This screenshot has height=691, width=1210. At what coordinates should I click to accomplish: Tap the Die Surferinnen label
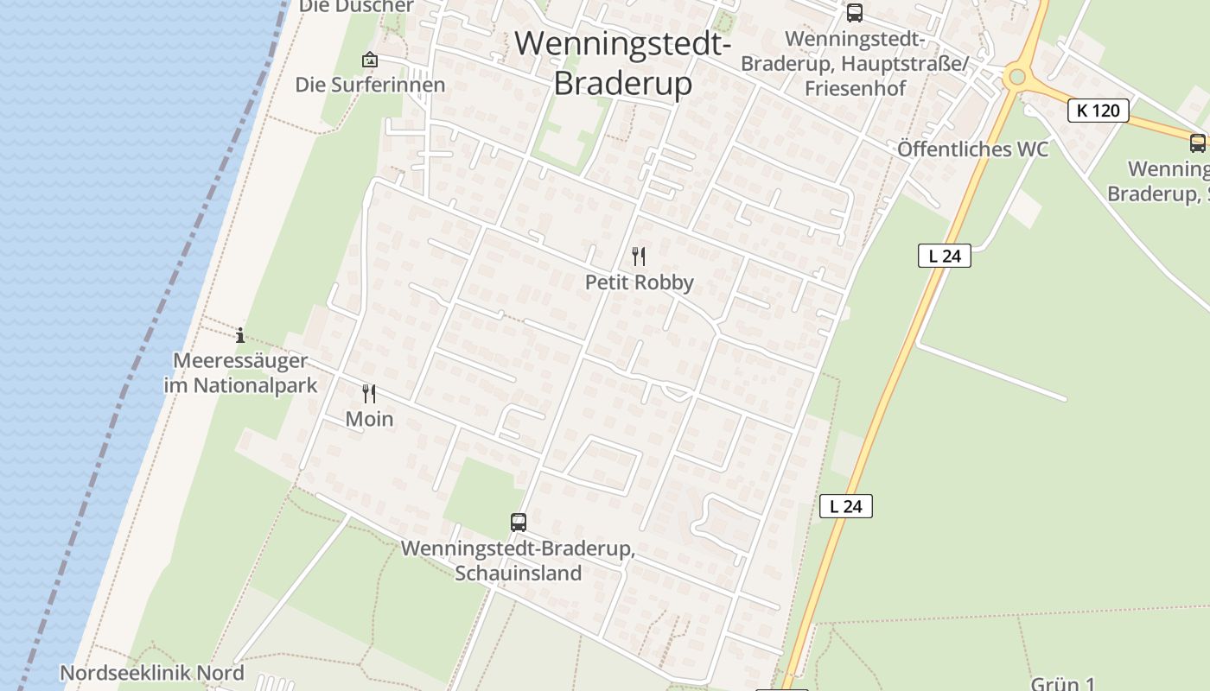(370, 85)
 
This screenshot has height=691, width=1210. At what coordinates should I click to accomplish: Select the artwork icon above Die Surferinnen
(370, 60)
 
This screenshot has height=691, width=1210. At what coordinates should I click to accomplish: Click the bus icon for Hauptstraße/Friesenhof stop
(855, 13)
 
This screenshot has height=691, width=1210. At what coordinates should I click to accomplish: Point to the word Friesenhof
(856, 89)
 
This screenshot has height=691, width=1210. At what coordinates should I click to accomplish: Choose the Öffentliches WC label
(972, 149)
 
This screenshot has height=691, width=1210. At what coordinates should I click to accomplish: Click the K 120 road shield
(1099, 111)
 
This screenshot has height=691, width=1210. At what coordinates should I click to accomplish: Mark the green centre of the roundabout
(1016, 77)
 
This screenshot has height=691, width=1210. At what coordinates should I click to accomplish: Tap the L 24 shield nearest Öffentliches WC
(945, 256)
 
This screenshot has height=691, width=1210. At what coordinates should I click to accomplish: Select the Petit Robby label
(640, 282)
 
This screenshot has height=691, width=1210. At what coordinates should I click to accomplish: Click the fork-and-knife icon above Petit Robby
(639, 256)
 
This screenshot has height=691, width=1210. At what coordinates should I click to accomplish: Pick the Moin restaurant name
(369, 420)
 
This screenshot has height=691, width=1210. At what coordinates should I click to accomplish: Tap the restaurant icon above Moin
(369, 394)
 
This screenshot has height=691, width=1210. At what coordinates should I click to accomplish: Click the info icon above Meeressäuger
(240, 335)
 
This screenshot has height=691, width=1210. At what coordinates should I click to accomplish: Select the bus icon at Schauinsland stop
(519, 522)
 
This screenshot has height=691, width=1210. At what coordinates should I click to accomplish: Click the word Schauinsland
(519, 573)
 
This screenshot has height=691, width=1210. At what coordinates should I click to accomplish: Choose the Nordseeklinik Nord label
(152, 673)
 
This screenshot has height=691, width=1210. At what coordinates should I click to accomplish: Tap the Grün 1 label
(1063, 684)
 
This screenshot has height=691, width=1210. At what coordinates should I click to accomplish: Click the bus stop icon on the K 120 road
(1198, 143)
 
